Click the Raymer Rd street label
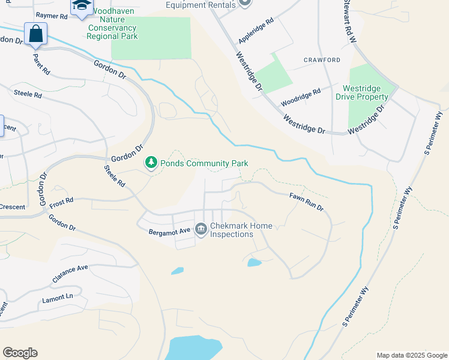(52, 16)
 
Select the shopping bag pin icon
(35, 34)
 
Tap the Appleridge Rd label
(256, 30)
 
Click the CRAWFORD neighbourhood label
(322, 60)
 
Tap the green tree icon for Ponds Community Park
(151, 163)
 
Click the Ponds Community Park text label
(204, 163)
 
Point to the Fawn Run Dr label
(307, 201)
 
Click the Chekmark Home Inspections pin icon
(200, 229)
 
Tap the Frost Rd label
(61, 201)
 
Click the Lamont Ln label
(58, 298)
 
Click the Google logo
(20, 353)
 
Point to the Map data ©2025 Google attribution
(411, 355)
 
